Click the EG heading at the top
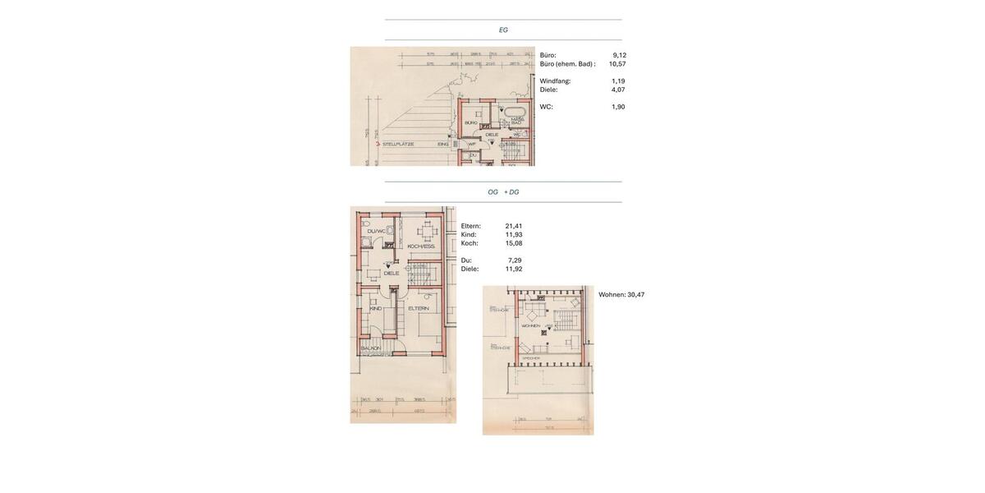click(x=503, y=30)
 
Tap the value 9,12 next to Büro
click(x=619, y=55)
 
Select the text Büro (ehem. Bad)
click(x=566, y=64)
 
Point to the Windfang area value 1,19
click(x=618, y=81)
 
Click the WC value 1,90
click(x=618, y=107)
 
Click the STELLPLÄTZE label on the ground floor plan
click(x=398, y=144)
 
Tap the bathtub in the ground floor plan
click(x=515, y=112)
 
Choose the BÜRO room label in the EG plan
click(x=471, y=122)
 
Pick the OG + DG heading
click(x=503, y=192)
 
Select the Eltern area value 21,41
click(x=514, y=226)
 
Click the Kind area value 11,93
click(x=514, y=235)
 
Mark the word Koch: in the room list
click(x=470, y=243)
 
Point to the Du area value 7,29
click(x=515, y=260)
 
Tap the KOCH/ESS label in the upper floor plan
click(x=420, y=246)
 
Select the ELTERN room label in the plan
click(x=419, y=308)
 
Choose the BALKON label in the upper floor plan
click(x=370, y=348)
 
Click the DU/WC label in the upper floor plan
click(x=376, y=231)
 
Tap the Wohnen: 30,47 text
click(x=621, y=295)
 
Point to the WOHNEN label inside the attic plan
click(x=530, y=325)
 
